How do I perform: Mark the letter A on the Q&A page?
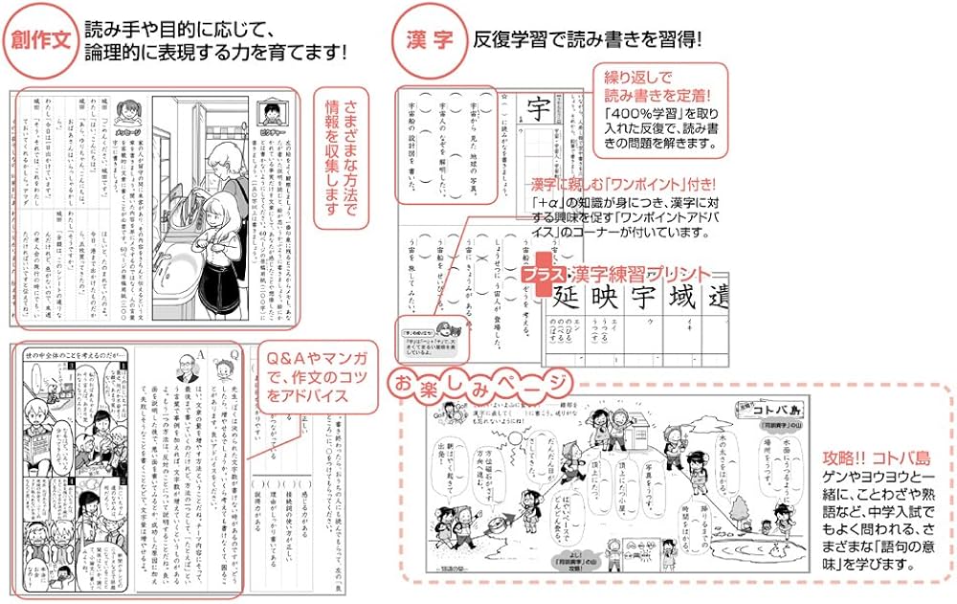(202, 354)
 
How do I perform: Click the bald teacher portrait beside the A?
(184, 368)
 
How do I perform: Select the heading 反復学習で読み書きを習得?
(588, 40)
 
